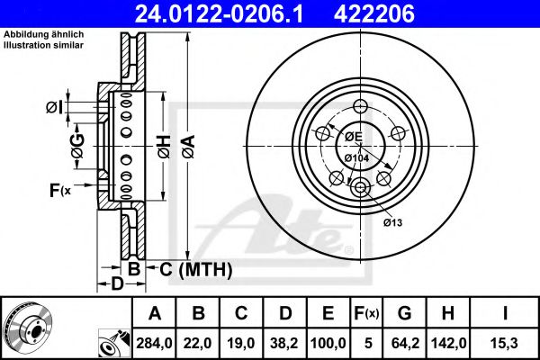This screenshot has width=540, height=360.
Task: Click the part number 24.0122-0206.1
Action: [x=219, y=13]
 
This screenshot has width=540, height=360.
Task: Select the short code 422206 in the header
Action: [x=374, y=13]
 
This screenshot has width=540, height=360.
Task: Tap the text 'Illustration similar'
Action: [x=43, y=45]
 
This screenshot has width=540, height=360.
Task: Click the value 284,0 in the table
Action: [x=154, y=343]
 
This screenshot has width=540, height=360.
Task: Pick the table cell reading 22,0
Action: [x=198, y=343]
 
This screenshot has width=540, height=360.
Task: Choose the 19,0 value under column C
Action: [x=241, y=343]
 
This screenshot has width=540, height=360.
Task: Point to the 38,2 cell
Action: [x=284, y=343]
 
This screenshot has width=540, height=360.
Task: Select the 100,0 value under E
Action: [x=328, y=343]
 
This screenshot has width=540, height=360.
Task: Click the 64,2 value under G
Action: [x=405, y=343]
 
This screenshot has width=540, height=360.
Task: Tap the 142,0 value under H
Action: [x=449, y=343]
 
